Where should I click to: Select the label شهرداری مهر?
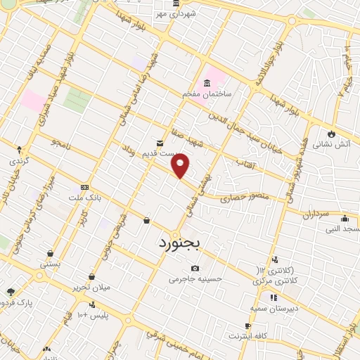(196, 13)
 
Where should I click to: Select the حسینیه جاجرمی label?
(195, 279)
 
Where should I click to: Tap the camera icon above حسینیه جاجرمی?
(195, 268)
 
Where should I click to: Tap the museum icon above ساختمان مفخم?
(206, 82)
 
